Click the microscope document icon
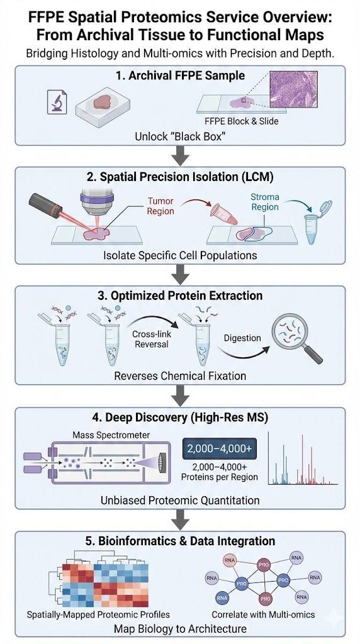pyautogui.click(x=59, y=102)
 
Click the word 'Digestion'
pyautogui.click(x=242, y=338)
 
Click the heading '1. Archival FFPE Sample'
pyautogui.click(x=180, y=76)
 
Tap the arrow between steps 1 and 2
pyautogui.click(x=180, y=153)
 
